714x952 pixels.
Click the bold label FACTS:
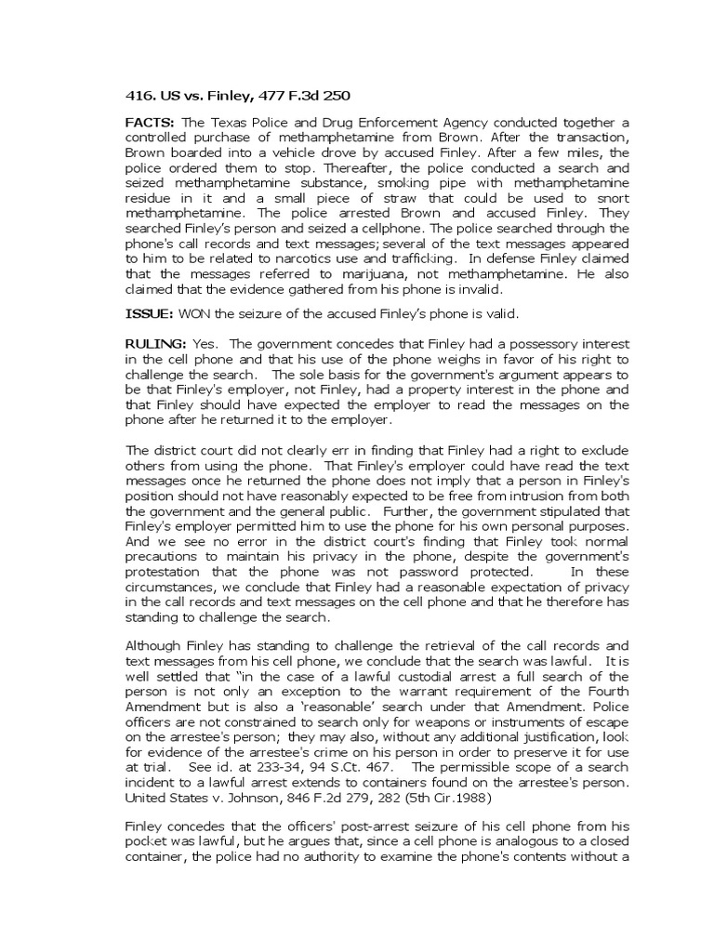click(x=151, y=123)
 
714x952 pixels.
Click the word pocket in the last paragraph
click(x=147, y=842)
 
